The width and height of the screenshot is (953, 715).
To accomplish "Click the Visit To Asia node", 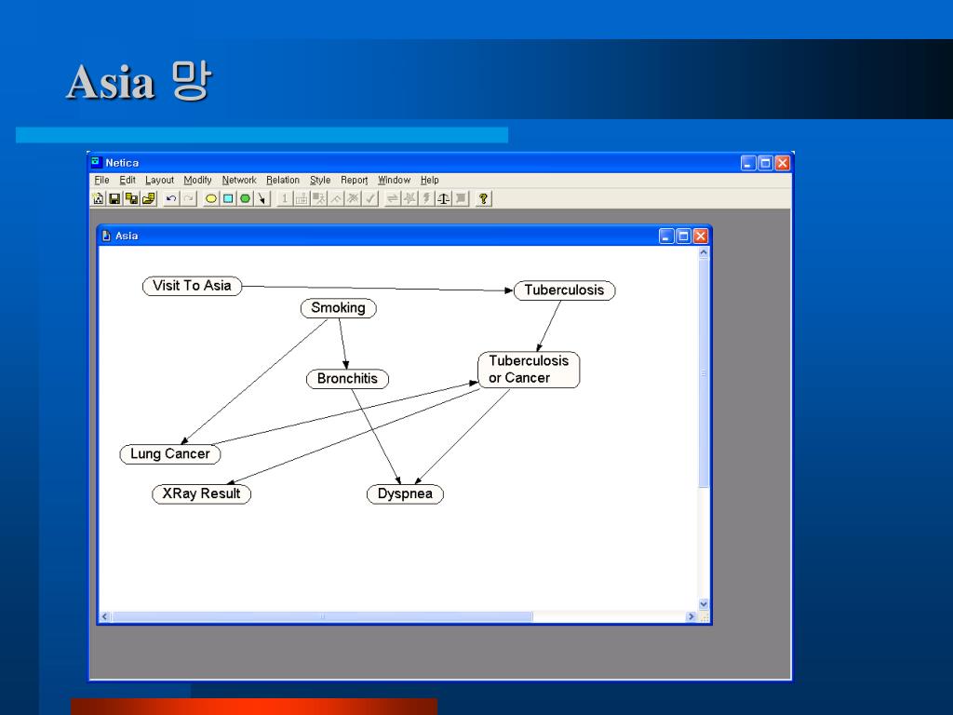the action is point(192,286).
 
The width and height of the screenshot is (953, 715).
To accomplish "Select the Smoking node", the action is point(338,308).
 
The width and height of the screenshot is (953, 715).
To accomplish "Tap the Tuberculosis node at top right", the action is point(564,290).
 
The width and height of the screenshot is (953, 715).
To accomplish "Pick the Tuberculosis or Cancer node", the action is point(529,370).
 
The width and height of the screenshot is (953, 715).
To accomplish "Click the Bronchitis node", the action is point(347,379).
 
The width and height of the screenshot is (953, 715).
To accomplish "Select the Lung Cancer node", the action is point(169,454).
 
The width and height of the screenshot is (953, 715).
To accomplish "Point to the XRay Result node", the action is point(201,493).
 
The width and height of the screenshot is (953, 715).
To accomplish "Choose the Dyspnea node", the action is point(405,494).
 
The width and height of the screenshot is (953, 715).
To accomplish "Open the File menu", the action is point(101,181).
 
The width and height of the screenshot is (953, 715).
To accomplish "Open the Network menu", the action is point(239,181).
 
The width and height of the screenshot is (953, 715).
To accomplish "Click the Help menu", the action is point(429,181).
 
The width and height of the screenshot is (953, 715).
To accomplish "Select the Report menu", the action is point(354,181).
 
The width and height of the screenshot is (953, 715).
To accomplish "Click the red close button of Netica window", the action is point(782,163).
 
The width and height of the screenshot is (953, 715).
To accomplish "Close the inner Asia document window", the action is point(700,236).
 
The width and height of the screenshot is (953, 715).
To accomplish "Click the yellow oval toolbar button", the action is point(211,198).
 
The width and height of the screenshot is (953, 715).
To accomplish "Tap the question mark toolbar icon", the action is point(484,198).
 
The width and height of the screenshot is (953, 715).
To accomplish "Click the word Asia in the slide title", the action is point(110,83).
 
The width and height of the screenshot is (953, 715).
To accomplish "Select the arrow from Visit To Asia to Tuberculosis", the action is point(372,289).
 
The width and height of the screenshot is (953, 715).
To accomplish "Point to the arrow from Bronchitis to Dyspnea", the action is point(376,437).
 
